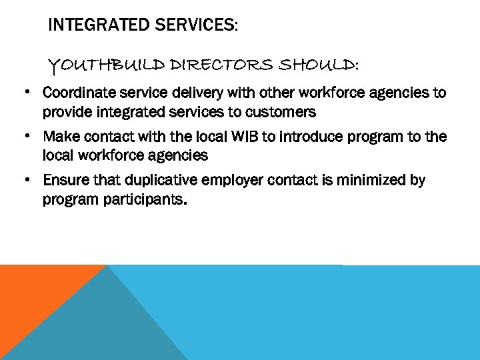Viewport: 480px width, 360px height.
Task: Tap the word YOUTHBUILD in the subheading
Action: point(107,65)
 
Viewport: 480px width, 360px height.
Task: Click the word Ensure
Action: point(63,181)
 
